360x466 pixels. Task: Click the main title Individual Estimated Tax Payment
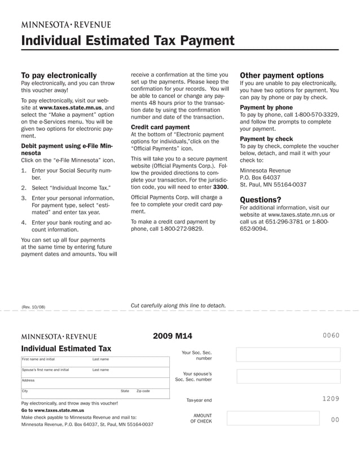point(127,41)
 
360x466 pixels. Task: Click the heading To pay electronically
point(59,75)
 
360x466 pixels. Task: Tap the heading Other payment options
point(282,75)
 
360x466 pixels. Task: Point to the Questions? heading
point(260,199)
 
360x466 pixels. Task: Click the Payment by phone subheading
point(266,107)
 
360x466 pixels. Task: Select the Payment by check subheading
point(266,138)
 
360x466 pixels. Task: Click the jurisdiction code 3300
point(220,187)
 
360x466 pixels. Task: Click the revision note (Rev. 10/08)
point(33,307)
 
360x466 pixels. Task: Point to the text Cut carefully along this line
point(178,305)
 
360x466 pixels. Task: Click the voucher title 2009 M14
point(172,336)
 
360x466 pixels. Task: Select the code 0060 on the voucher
point(331,336)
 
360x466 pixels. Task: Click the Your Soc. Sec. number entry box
point(288,354)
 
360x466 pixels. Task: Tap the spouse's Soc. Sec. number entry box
point(288,376)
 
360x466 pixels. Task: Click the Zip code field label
point(143,391)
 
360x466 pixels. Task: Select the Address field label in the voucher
point(28,380)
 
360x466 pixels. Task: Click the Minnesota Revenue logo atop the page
point(66,24)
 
